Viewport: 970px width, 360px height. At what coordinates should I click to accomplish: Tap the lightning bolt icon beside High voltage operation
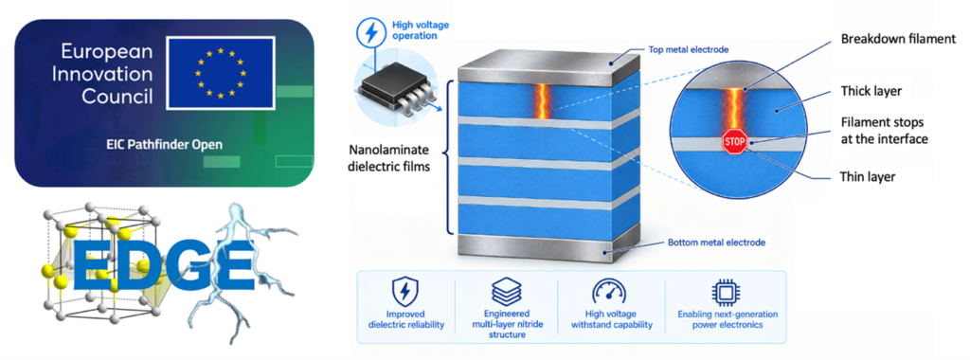click(370, 33)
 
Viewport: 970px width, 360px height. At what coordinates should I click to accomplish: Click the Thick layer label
click(871, 91)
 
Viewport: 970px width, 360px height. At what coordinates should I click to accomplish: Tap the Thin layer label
click(870, 177)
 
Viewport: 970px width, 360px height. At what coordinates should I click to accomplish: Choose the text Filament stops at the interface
click(885, 131)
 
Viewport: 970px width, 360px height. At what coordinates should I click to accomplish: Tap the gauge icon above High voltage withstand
click(609, 291)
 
